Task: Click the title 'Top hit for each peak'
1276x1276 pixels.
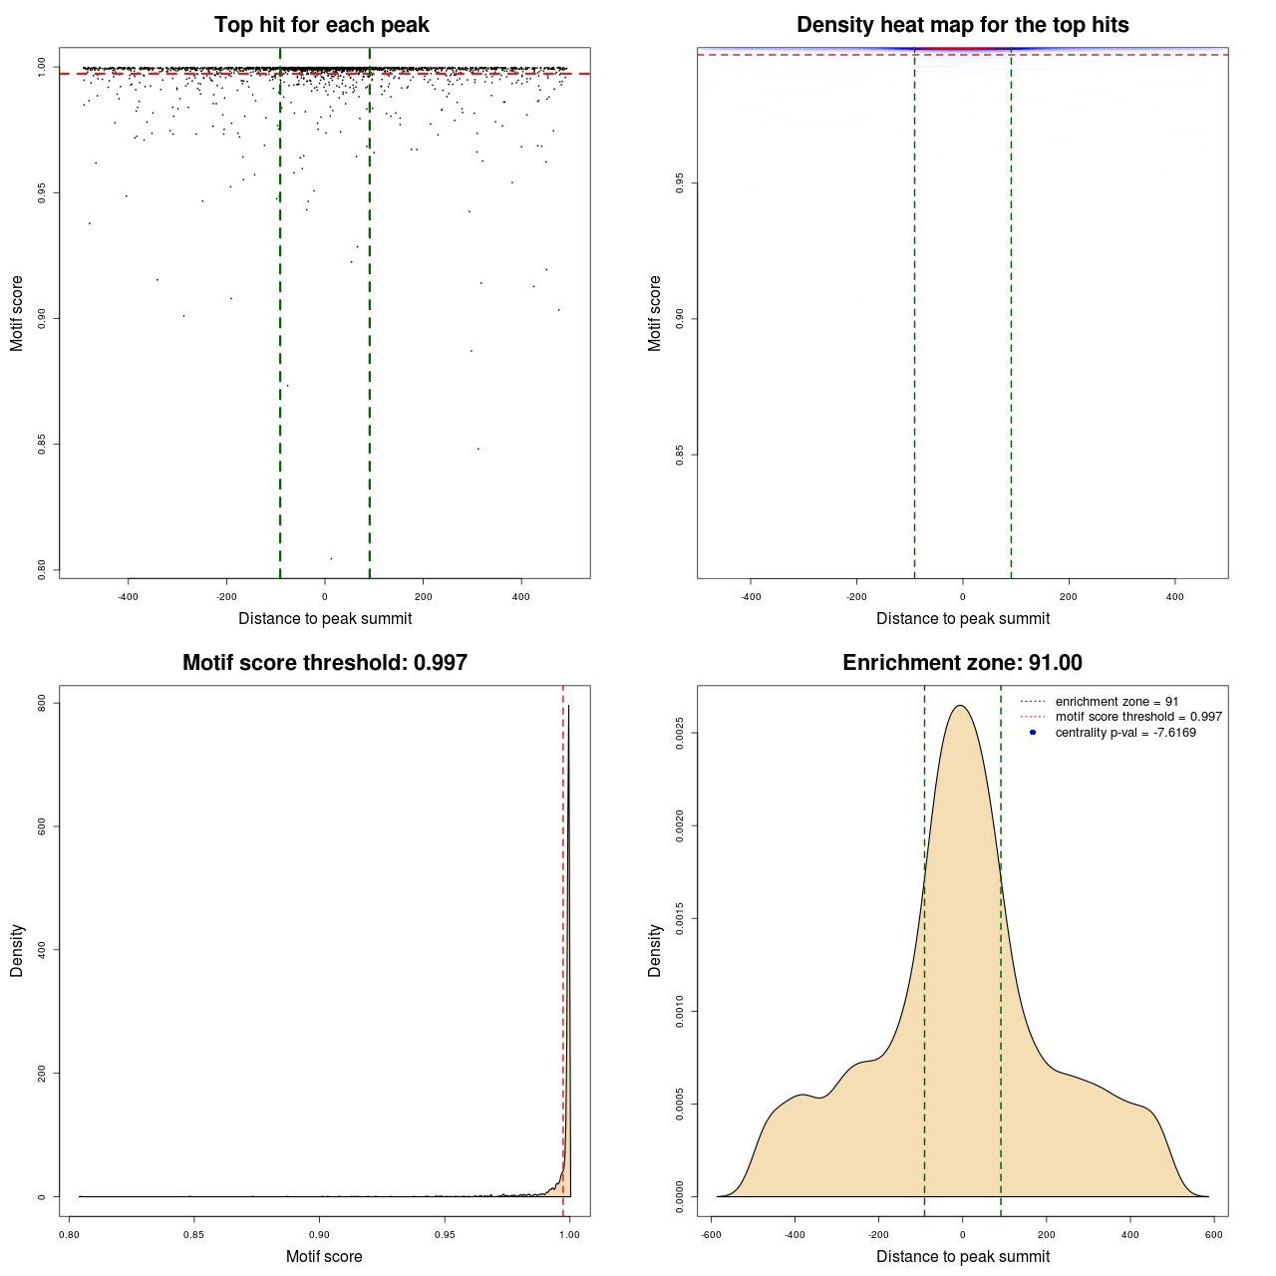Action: (x=321, y=25)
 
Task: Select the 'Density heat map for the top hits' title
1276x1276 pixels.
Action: (x=962, y=25)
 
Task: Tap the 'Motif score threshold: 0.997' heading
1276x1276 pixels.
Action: (x=324, y=663)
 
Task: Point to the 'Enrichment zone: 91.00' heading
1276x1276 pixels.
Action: (x=962, y=663)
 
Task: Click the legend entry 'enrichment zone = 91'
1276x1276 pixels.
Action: (x=1116, y=702)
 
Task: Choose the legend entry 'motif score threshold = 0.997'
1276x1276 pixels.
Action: (x=1138, y=717)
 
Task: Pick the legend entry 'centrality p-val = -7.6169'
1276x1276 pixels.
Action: (x=1125, y=733)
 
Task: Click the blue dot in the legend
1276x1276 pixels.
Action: (x=1033, y=733)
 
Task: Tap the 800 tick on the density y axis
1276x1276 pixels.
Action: (x=42, y=703)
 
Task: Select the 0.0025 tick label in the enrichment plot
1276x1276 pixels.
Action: (x=680, y=734)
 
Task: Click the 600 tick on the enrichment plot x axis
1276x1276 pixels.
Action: (x=1213, y=1234)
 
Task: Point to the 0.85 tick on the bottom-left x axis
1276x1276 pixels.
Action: (x=193, y=1234)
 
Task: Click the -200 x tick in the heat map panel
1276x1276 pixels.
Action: (x=856, y=597)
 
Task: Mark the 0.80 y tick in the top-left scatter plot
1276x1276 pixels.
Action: (x=42, y=569)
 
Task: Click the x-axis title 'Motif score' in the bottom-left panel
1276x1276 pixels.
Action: (x=324, y=1257)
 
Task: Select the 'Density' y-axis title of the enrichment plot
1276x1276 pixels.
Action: (x=655, y=950)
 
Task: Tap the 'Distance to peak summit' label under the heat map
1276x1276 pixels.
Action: (x=962, y=619)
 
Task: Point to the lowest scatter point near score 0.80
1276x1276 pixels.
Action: (x=331, y=558)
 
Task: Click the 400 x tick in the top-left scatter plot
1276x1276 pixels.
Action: (x=521, y=597)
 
